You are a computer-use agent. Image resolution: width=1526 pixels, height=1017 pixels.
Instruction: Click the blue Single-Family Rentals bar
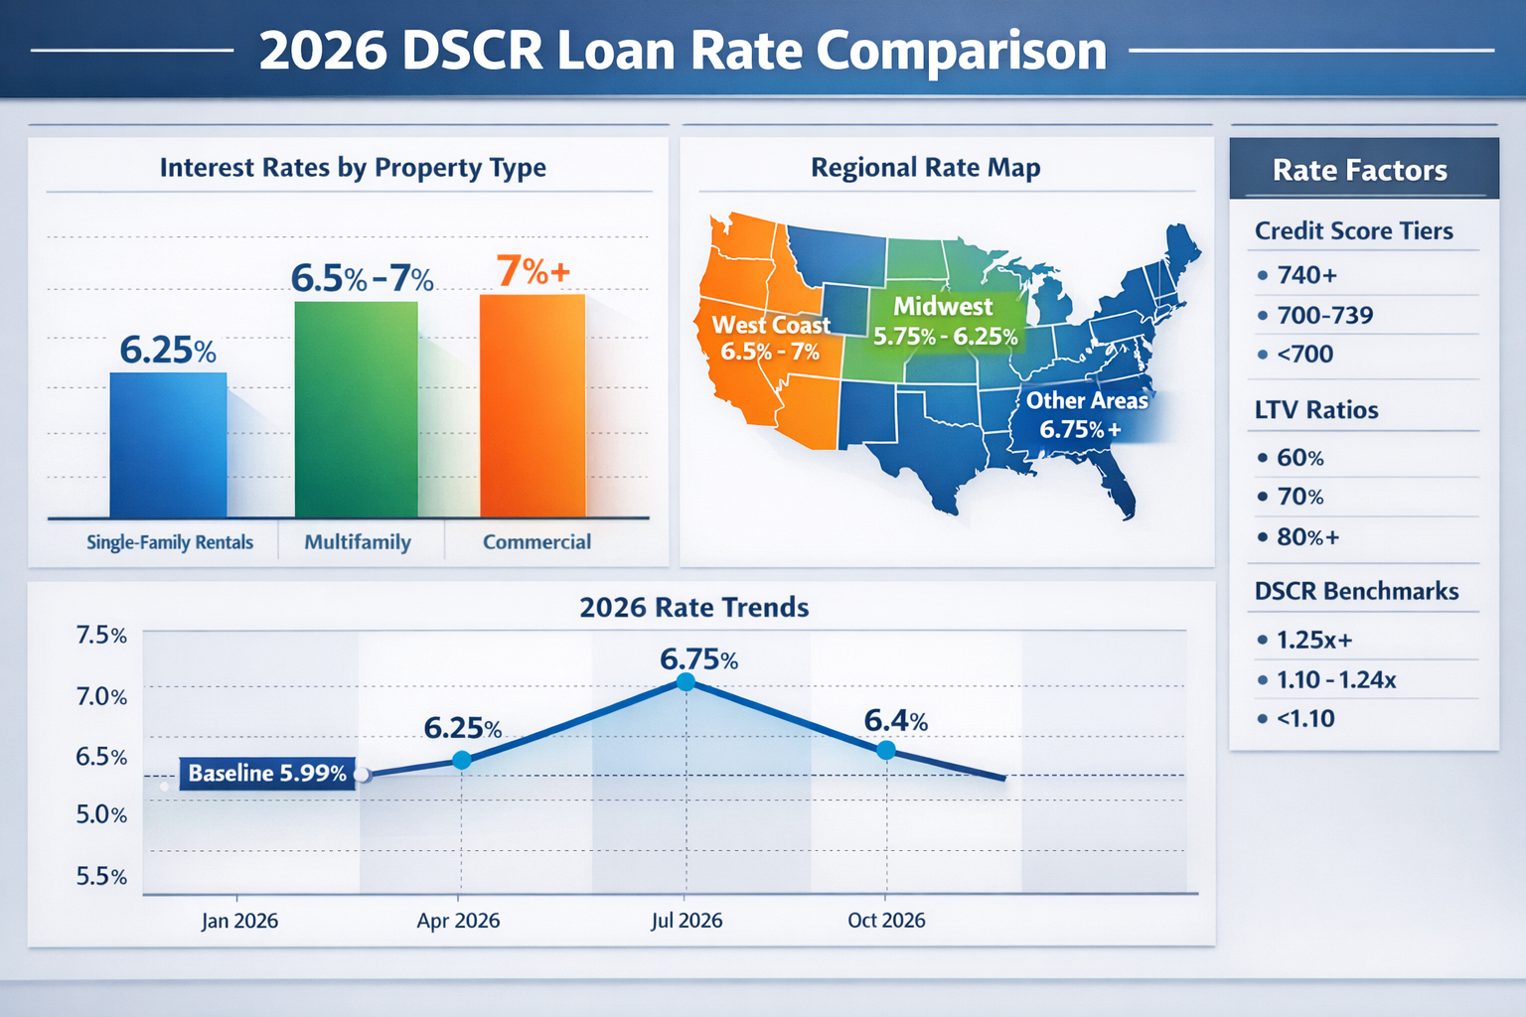(168, 445)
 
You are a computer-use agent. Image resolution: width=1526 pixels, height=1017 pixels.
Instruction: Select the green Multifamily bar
(356, 409)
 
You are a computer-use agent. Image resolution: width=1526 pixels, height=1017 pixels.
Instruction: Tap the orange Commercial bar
(533, 405)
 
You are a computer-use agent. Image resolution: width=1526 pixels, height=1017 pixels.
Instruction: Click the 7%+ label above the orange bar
(533, 271)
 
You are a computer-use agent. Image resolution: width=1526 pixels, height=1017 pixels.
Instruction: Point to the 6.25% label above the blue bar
(168, 351)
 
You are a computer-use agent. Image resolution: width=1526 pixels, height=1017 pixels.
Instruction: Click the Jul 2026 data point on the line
(686, 681)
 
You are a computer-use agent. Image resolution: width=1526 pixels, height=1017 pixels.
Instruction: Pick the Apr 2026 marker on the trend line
(461, 760)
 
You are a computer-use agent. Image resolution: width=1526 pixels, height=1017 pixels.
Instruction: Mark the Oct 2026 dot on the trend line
(886, 750)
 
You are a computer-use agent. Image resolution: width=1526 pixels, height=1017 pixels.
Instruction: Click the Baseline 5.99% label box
(267, 773)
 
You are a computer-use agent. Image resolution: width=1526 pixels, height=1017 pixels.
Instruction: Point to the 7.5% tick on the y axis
(101, 636)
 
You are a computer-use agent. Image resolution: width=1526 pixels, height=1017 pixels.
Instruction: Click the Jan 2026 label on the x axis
(239, 921)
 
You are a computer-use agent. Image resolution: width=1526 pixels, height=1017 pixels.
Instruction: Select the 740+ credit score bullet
(1306, 275)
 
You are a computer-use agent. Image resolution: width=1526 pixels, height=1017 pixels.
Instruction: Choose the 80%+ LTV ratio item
(1307, 537)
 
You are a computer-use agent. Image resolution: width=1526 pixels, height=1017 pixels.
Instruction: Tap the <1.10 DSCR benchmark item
(1304, 718)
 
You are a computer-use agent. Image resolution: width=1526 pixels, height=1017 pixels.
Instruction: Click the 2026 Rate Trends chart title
(693, 607)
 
